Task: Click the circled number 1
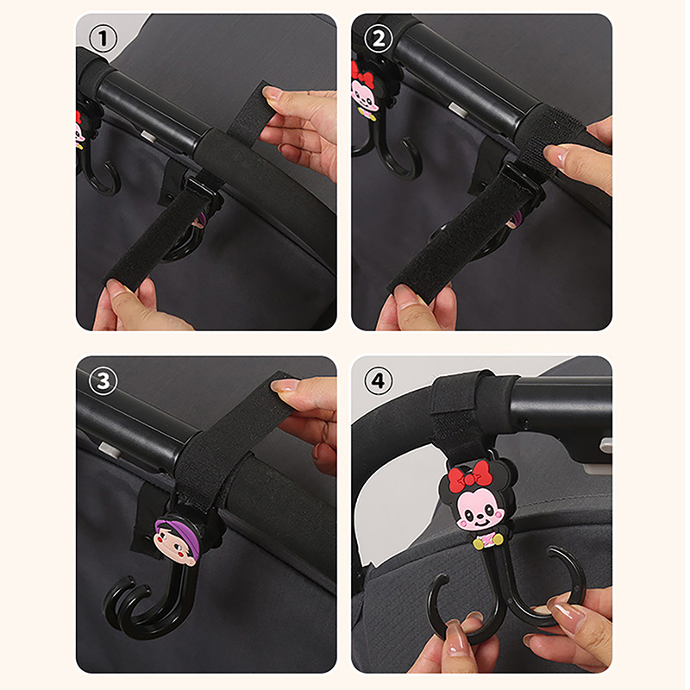click(x=103, y=38)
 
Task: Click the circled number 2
click(x=379, y=38)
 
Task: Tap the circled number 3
click(x=103, y=380)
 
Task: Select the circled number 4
click(x=379, y=380)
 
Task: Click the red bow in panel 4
click(x=467, y=477)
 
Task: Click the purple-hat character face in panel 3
click(x=176, y=541)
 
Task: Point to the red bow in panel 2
click(x=361, y=77)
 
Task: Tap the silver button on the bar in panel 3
click(x=110, y=450)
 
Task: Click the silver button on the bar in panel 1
click(x=147, y=135)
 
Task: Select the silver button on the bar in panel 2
click(x=458, y=110)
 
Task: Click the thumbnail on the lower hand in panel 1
click(x=119, y=289)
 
